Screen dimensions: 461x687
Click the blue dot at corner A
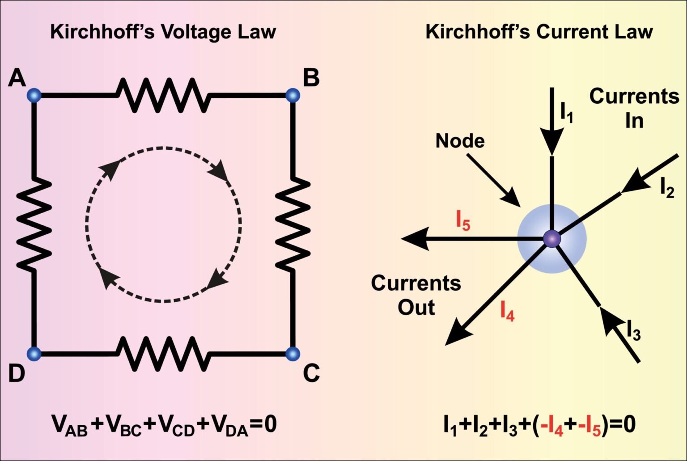[34, 95]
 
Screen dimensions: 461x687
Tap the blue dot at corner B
[293, 95]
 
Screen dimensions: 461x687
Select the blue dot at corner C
[293, 354]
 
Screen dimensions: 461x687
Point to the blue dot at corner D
[34, 354]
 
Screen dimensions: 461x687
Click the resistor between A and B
[163, 95]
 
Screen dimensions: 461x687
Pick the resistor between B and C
[293, 224]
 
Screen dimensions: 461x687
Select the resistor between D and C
[163, 354]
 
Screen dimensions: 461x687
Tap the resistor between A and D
[34, 224]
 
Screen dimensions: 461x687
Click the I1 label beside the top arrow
[566, 112]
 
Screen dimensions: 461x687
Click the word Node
[460, 141]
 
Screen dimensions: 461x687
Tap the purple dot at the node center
[552, 239]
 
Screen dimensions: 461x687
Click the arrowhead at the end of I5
[414, 238]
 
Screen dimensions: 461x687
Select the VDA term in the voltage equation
[229, 425]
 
